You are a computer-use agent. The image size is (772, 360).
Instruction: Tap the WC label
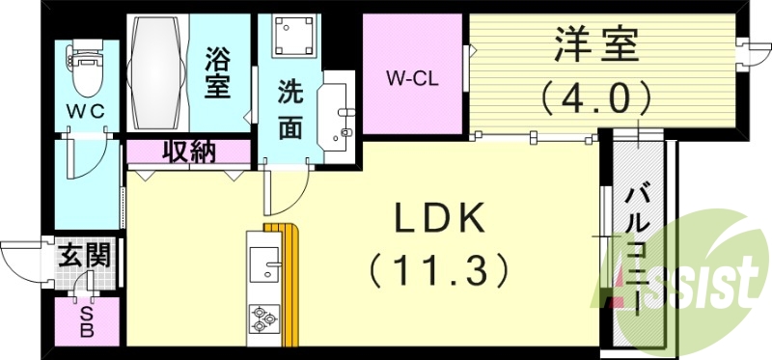coord(84,111)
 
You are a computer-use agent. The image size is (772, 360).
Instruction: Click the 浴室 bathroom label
coord(217,71)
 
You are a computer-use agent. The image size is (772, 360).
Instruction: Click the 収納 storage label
coord(188,152)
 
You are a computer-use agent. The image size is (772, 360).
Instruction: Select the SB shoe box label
coord(86,321)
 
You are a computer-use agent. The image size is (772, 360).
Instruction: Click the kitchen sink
coord(262,261)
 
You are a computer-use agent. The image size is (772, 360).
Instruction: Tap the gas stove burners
coord(263,317)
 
